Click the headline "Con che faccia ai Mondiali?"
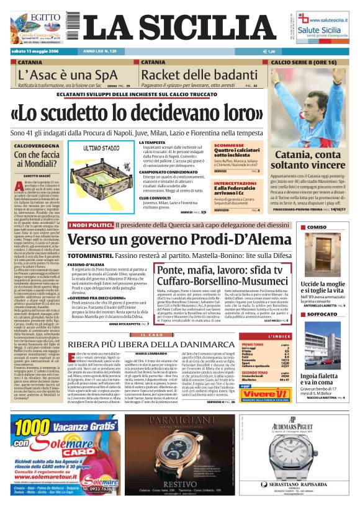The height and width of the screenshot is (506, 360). coord(38,159)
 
